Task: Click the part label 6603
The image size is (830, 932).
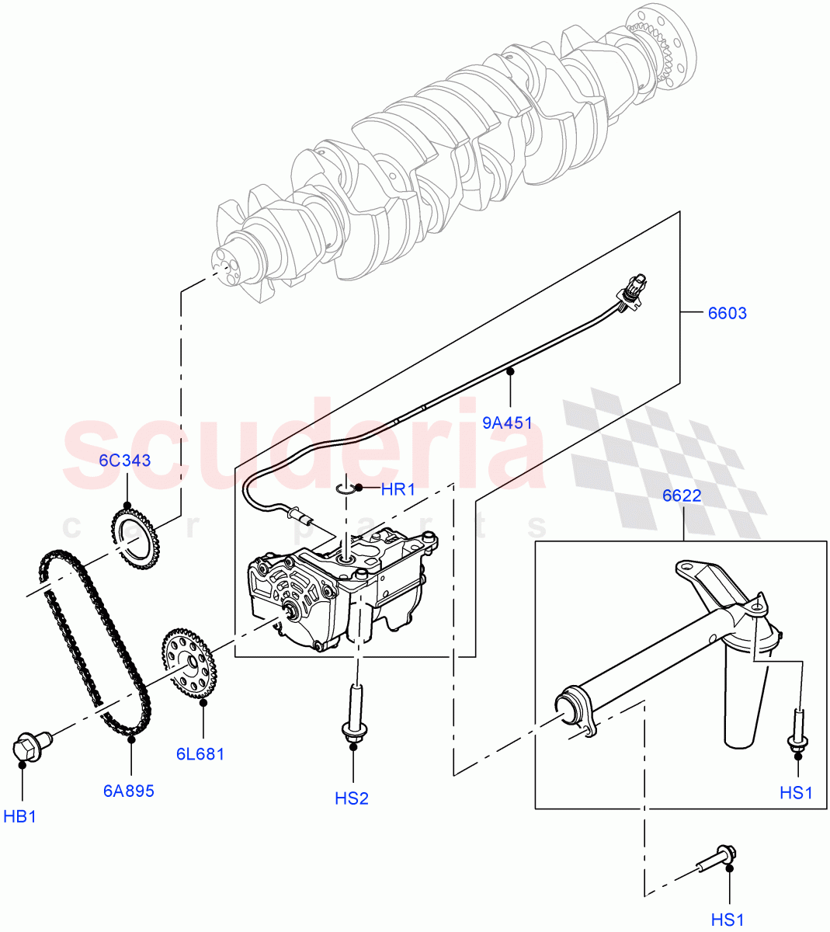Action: point(727,314)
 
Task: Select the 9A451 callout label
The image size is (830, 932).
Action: point(507,423)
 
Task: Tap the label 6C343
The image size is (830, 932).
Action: point(124,461)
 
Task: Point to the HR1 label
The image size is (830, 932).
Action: point(398,490)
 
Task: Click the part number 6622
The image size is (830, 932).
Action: point(682,496)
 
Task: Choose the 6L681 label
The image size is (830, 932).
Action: point(200,753)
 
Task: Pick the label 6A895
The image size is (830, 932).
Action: point(129,791)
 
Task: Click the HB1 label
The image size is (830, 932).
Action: point(20,816)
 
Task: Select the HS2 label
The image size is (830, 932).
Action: point(352,798)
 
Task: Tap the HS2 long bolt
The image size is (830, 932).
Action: point(355,710)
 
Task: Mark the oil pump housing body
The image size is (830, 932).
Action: point(334,590)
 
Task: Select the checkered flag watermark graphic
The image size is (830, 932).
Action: point(660,458)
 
